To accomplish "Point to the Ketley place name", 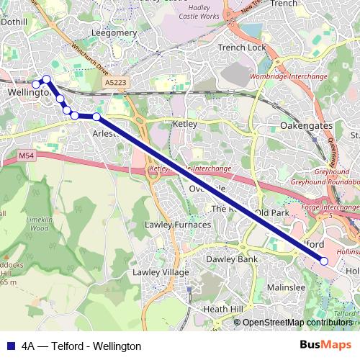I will pyautogui.click(x=185, y=125).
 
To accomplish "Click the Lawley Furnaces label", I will pyautogui.click(x=178, y=225).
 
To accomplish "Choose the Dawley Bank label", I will pyautogui.click(x=232, y=258).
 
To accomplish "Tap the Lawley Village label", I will pyautogui.click(x=161, y=272).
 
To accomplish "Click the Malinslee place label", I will pyautogui.click(x=286, y=287).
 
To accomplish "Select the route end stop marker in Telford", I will pyautogui.click(x=324, y=261).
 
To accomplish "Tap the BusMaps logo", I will pyautogui.click(x=330, y=346).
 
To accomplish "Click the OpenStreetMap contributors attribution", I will pyautogui.click(x=297, y=323).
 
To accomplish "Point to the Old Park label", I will pyautogui.click(x=271, y=213).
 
